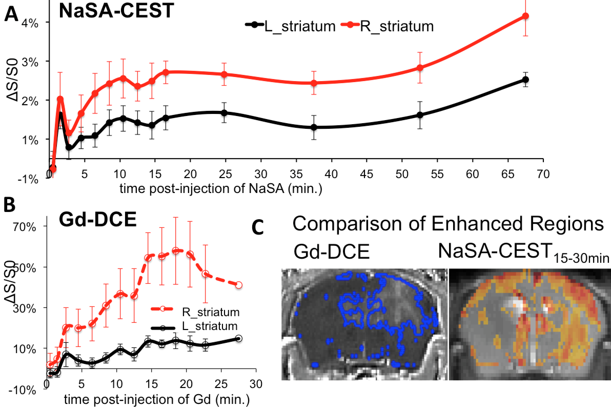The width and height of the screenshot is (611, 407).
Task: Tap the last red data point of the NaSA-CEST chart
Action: (x=525, y=16)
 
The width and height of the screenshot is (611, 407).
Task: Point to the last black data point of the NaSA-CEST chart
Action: (x=525, y=80)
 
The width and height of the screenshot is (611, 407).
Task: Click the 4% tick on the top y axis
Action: (x=30, y=23)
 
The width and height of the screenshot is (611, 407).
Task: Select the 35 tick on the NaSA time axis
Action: (x=296, y=174)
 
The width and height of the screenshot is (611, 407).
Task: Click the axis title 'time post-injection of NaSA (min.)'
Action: (x=221, y=188)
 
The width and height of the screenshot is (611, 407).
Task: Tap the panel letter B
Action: (x=9, y=205)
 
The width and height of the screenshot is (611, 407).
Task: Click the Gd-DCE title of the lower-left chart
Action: (x=98, y=220)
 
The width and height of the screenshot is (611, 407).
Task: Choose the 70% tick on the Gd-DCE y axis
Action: (x=25, y=227)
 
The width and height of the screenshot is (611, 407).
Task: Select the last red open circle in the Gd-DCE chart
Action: (x=239, y=285)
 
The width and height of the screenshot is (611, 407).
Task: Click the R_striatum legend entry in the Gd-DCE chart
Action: (x=210, y=312)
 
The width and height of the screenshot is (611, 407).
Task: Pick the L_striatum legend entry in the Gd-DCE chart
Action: (x=209, y=326)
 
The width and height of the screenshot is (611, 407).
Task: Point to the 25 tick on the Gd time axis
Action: (x=221, y=384)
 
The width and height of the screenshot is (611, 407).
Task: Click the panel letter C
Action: (x=258, y=227)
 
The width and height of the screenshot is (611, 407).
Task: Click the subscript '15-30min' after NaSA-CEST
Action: (x=581, y=258)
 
